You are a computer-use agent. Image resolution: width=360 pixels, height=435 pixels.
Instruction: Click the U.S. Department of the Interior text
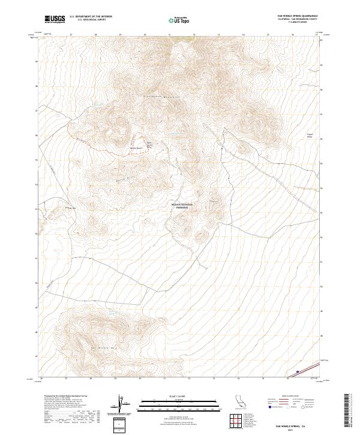91,17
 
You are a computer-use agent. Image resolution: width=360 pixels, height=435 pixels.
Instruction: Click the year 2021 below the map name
295,430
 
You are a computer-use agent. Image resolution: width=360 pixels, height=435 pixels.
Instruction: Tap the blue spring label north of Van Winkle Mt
112,313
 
